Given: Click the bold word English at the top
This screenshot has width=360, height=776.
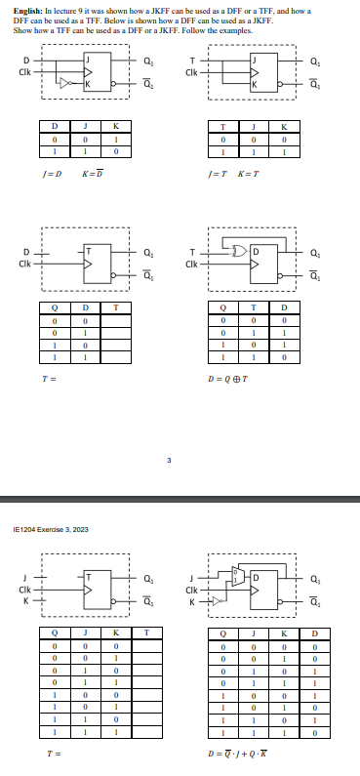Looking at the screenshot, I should coord(26,9).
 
